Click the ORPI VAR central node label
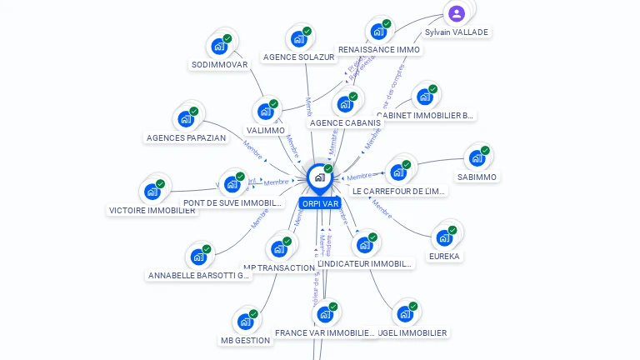pyautogui.click(x=320, y=203)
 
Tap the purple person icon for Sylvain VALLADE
pyautogui.click(x=457, y=13)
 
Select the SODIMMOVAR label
pyautogui.click(x=219, y=64)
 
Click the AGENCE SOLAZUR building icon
pyautogui.click(x=298, y=39)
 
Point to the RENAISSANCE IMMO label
pyautogui.click(x=379, y=49)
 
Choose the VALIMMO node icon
pyautogui.click(x=265, y=112)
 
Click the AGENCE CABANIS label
pyautogui.click(x=344, y=122)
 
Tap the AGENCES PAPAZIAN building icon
pyautogui.click(x=186, y=119)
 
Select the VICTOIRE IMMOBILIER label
pyautogui.click(x=152, y=210)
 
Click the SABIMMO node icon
pyautogui.click(x=477, y=158)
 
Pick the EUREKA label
pyautogui.click(x=444, y=256)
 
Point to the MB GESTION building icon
pyautogui.click(x=245, y=322)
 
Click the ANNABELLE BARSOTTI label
pyautogui.click(x=198, y=275)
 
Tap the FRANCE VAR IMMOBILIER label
pyautogui.click(x=325, y=332)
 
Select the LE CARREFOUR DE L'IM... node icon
pyautogui.click(x=398, y=172)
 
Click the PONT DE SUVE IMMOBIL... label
pyautogui.click(x=232, y=202)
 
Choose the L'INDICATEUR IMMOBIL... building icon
pyautogui.click(x=364, y=246)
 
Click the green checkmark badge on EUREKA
pyautogui.click(x=452, y=230)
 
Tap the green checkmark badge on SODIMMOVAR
pyautogui.click(x=227, y=38)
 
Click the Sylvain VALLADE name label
pyautogui.click(x=457, y=32)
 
